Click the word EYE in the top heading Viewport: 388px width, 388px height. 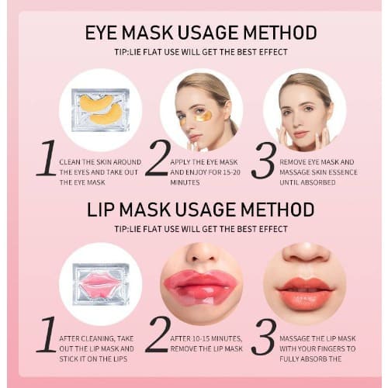[x=101, y=33]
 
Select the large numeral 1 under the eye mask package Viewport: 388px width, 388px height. [x=47, y=158]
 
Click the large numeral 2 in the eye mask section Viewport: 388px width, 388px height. [x=158, y=158]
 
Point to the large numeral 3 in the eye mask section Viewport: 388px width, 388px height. [x=264, y=161]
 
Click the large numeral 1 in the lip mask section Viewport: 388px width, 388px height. [x=47, y=334]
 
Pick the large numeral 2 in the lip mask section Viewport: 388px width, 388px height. [x=158, y=334]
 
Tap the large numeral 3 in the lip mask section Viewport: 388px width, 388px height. [x=264, y=337]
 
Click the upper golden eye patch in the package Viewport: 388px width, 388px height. [x=95, y=102]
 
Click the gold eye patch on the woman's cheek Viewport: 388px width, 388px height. [x=203, y=116]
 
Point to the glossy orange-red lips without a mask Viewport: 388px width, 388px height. [x=305, y=290]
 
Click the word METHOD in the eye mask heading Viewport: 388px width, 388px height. [x=280, y=33]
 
